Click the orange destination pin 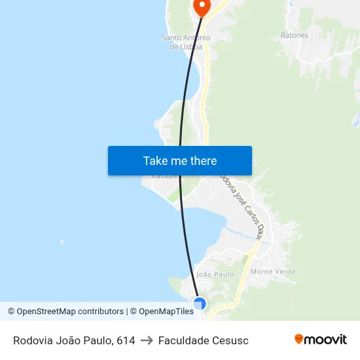click(x=202, y=6)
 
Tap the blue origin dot click(x=200, y=303)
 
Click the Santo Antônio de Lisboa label click(x=186, y=42)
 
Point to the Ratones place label click(x=294, y=35)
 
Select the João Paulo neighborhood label click(x=215, y=274)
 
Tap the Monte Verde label click(x=273, y=272)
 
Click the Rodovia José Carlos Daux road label click(x=242, y=206)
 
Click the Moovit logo click(x=320, y=339)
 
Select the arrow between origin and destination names click(x=147, y=340)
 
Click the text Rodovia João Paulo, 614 click(x=74, y=340)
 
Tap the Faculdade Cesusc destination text click(x=203, y=340)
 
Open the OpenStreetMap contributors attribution click(x=65, y=312)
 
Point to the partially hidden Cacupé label click(x=164, y=176)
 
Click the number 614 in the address click(x=126, y=340)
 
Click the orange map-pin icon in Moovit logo click(x=299, y=339)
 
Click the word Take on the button click(x=155, y=160)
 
